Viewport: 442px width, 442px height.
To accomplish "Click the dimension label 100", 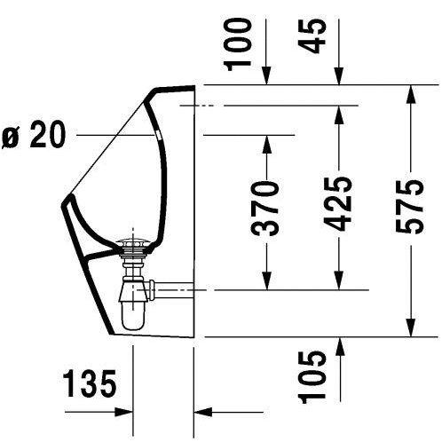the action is [238, 44].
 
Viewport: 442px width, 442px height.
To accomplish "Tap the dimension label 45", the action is [312, 36].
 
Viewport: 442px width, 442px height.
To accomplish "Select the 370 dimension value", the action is [264, 209].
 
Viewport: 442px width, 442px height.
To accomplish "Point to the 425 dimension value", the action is [337, 204].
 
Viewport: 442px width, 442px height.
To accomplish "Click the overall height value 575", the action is [410, 207].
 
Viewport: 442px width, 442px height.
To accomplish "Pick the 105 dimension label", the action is [312, 377].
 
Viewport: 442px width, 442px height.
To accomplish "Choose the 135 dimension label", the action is [90, 383].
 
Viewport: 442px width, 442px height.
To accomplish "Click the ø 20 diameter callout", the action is [34, 134].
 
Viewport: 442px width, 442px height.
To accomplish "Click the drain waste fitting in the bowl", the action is [133, 245].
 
